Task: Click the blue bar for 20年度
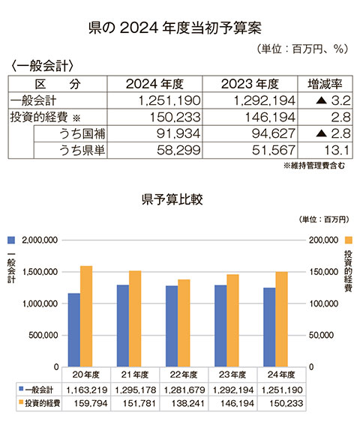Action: coord(74,330)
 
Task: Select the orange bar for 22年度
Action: coord(184,323)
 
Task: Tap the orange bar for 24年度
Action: coord(281,319)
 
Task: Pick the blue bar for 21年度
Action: coord(123,326)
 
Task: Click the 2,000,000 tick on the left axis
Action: coord(40,240)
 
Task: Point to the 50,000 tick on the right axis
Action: coord(321,335)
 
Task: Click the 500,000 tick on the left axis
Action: coord(43,335)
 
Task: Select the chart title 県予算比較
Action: coord(172,199)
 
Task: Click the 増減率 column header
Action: coord(325,84)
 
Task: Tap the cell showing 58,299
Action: coord(178,151)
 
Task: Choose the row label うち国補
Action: coord(82,134)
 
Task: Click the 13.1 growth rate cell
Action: coord(337,151)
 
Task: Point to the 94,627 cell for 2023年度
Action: coord(274,134)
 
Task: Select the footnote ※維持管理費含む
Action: coord(314,166)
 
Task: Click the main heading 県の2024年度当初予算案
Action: coord(175,28)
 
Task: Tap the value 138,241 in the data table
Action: coord(188,403)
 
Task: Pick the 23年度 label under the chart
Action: coord(232,375)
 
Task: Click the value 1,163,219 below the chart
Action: coord(87,390)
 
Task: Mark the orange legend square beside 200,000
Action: coord(349,240)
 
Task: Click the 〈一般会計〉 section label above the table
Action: coord(43,66)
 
